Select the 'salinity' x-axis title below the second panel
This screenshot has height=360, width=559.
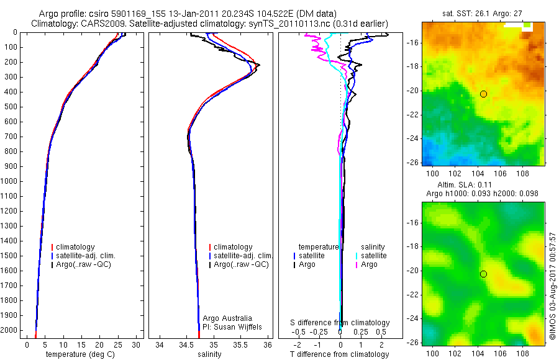click(x=209, y=354)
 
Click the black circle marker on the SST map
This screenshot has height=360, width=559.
click(x=483, y=94)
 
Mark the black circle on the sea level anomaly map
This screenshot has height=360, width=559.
click(x=483, y=274)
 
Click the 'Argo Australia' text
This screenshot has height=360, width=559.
click(x=227, y=318)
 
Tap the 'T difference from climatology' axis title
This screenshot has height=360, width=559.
click(x=340, y=354)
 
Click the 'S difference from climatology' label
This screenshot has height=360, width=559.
click(x=340, y=323)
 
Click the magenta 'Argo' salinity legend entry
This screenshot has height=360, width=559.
click(x=369, y=264)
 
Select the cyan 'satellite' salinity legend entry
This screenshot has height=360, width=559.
click(x=373, y=256)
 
